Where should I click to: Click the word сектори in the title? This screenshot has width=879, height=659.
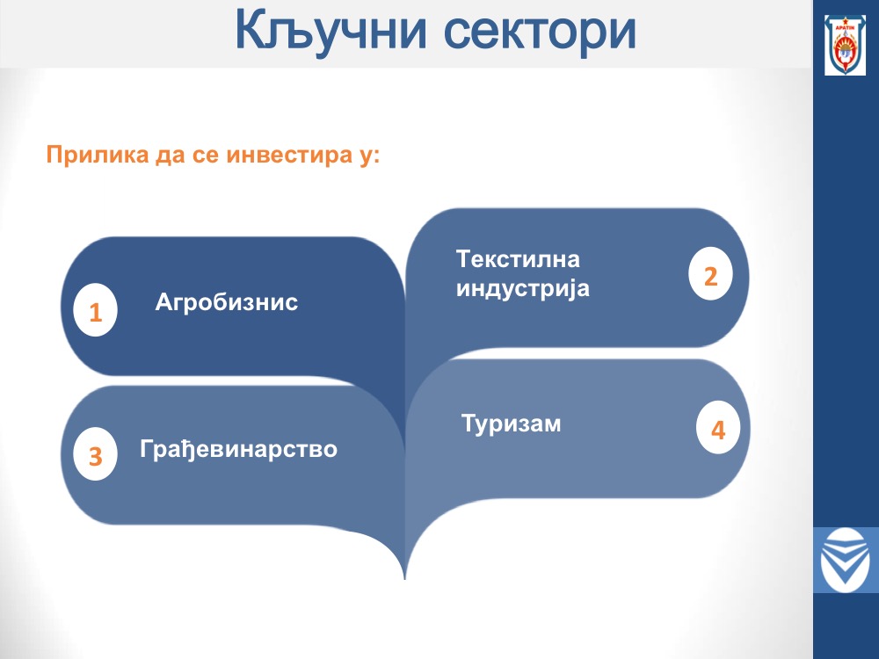click(540, 32)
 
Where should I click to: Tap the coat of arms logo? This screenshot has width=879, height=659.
click(845, 45)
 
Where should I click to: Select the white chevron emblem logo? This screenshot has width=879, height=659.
click(845, 560)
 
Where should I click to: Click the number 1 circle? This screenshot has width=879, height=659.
click(95, 310)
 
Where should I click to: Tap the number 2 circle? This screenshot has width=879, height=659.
click(710, 274)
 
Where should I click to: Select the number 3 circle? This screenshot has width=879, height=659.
click(95, 454)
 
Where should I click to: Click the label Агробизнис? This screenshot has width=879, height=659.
click(227, 302)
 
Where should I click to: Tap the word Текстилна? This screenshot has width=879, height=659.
click(518, 259)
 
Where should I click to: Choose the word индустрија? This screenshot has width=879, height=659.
click(523, 288)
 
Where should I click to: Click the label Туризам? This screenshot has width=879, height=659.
click(512, 424)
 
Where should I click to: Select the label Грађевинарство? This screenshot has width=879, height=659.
click(239, 449)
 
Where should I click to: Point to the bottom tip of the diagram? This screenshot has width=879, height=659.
click(404, 578)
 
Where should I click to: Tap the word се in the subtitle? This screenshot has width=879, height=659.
click(206, 156)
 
